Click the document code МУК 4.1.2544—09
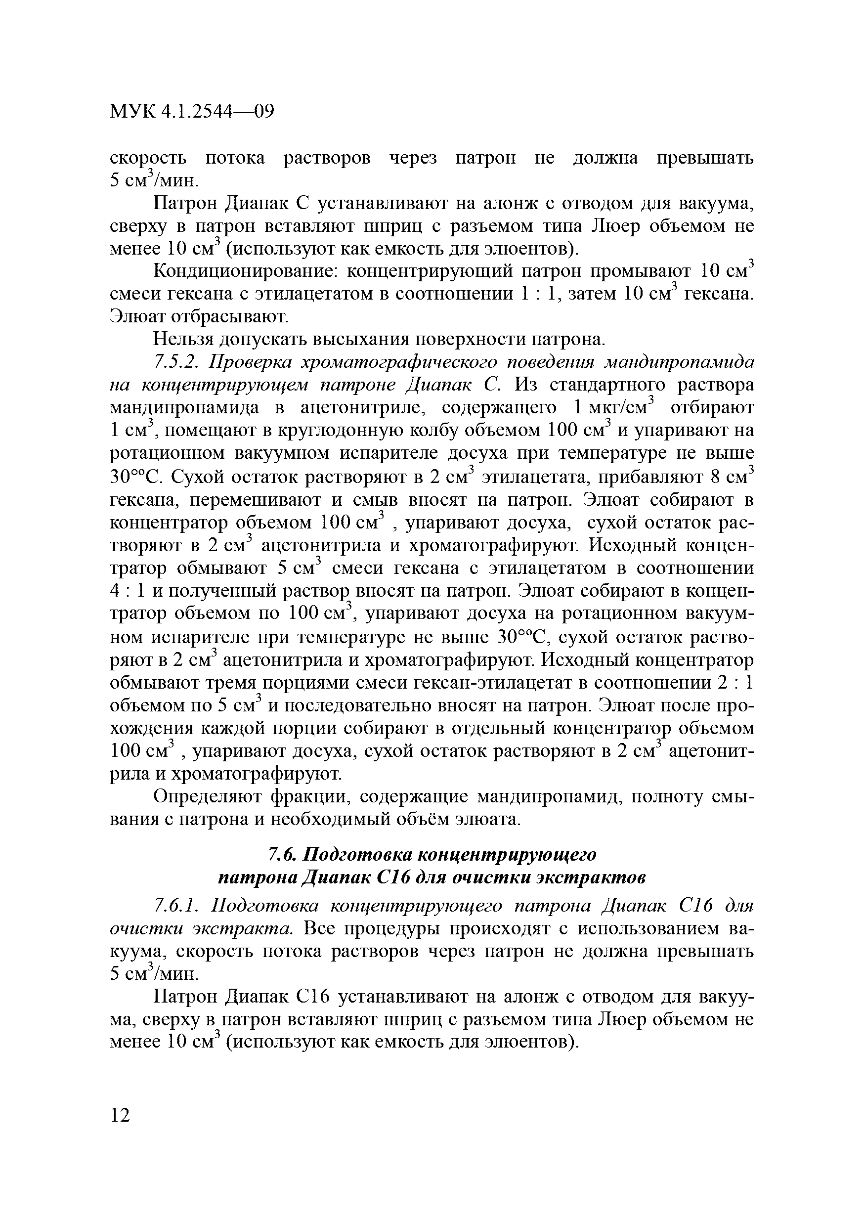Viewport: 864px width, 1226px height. click(192, 112)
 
